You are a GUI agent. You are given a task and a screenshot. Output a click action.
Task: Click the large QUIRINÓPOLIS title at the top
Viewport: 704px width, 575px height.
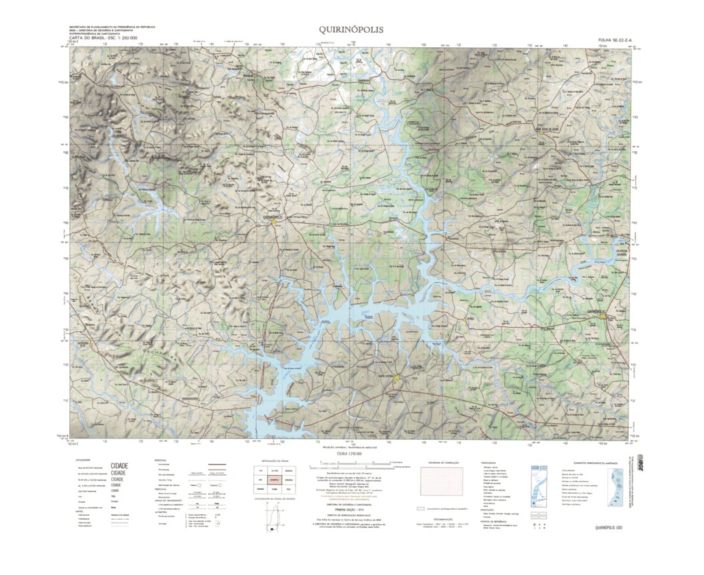coord(351,29)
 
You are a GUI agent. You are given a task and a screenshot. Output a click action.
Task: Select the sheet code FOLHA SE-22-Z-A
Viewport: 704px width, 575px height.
coord(609,40)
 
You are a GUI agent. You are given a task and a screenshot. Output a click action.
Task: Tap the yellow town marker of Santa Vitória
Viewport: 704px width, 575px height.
coord(397,380)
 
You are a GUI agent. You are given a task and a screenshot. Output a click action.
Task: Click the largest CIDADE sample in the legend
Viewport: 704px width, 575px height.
coord(119,466)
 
